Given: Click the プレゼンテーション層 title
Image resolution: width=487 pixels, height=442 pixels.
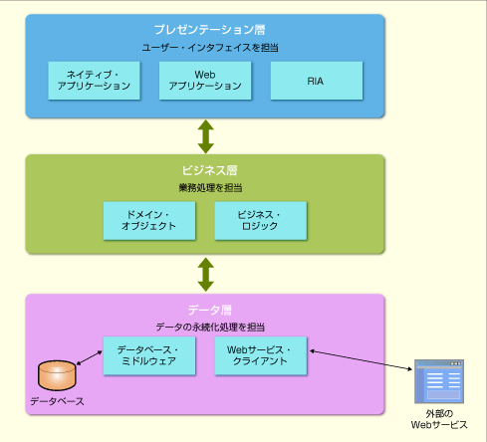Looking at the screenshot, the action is pos(209,30).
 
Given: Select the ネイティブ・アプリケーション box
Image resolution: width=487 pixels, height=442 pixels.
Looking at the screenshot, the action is pos(94,81).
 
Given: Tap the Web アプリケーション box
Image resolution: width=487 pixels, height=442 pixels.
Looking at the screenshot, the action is pos(205,81).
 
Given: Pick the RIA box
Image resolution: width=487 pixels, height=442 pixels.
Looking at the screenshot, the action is pos(317,81).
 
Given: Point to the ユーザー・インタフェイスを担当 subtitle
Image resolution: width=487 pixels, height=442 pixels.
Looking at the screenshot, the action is pos(210,48).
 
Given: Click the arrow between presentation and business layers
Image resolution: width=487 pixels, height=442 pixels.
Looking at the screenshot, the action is pos(206,136).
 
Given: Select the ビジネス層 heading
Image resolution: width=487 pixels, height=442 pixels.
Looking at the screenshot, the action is pos(209,170).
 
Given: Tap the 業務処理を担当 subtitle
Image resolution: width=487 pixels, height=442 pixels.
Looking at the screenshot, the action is pos(210,188).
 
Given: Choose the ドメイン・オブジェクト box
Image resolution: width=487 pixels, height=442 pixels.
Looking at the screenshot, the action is pos(149,221).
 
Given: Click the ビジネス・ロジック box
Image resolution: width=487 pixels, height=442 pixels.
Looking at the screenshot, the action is pos(261,221).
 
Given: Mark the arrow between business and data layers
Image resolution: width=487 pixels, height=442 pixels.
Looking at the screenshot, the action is pos(206,275).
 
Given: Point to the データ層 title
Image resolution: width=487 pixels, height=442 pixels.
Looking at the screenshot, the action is pos(210,310).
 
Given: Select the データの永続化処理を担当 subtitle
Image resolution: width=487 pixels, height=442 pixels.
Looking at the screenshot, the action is pos(210,328).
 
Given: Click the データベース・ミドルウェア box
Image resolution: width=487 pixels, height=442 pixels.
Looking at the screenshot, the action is pos(149,356).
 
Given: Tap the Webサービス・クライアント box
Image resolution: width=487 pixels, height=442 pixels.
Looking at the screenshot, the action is pos(261,356).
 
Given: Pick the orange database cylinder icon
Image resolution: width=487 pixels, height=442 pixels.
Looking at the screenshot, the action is pos(57,375).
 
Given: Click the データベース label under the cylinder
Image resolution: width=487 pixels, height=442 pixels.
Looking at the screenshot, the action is pos(57,401).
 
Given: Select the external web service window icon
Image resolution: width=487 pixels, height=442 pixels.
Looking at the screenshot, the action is pos(439,381).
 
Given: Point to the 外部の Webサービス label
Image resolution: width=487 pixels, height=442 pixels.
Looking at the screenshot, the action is pos(439,419).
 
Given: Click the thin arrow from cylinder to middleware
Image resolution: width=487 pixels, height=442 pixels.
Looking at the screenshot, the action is pos(90,358).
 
